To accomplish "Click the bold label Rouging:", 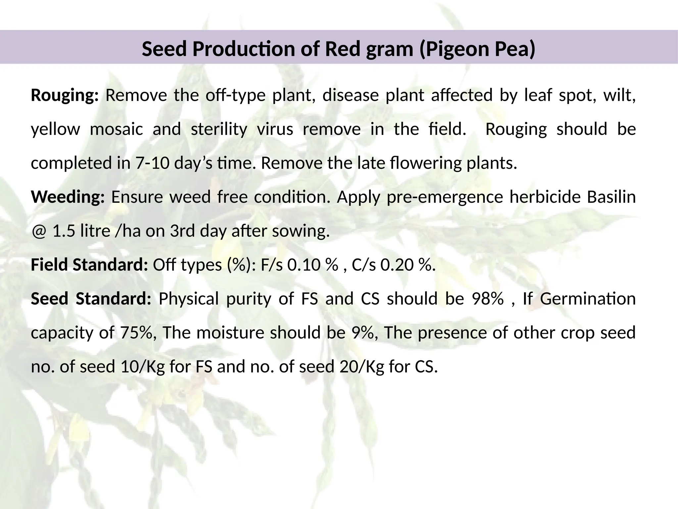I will (65, 96).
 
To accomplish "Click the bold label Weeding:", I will (68, 197).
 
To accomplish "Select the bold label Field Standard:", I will (89, 265).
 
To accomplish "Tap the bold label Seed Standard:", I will (91, 299).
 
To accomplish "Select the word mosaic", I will (117, 129).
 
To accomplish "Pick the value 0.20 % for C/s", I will (406, 265).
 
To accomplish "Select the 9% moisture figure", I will (362, 333).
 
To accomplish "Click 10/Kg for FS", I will (143, 367).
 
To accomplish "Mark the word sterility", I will (219, 129).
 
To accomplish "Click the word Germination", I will (588, 299).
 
